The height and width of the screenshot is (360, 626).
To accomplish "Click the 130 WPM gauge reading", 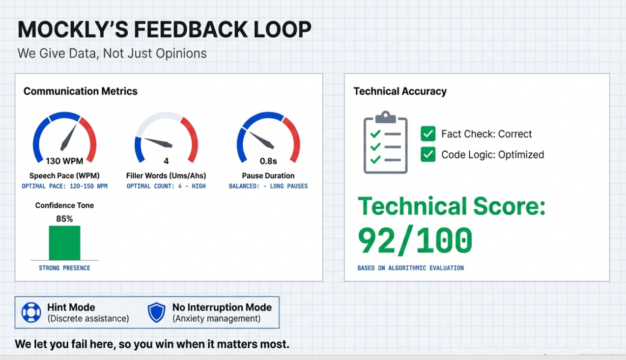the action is [x=64, y=161].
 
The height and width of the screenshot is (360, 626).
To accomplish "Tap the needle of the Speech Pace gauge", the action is [x=68, y=137].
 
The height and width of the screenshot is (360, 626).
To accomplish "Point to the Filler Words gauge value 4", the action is [x=166, y=161].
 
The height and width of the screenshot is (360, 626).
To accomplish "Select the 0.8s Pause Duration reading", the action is [x=268, y=161].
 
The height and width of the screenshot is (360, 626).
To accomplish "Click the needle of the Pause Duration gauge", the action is [x=261, y=139].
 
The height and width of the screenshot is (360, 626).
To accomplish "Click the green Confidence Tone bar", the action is [x=64, y=243].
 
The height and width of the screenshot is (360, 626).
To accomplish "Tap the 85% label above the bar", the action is [x=64, y=219].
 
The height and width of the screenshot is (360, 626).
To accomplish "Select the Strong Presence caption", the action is [x=64, y=268].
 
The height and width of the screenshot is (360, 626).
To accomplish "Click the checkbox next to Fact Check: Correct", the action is [x=428, y=134].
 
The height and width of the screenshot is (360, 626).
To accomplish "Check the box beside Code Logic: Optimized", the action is [x=428, y=154].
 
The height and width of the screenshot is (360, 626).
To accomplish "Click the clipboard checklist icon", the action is [x=385, y=142].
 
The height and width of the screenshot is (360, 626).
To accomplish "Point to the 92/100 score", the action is [x=415, y=241].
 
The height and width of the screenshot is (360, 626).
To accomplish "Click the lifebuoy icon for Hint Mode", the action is [x=31, y=312].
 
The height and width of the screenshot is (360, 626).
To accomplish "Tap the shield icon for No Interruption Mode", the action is [x=156, y=312].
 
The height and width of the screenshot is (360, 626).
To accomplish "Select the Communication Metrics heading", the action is [x=81, y=91].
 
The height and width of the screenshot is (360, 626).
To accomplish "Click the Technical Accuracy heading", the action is [x=400, y=91].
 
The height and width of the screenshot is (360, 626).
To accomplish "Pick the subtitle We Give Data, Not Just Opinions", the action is [x=112, y=54].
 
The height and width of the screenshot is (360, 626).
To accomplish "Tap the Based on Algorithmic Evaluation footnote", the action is [x=410, y=268].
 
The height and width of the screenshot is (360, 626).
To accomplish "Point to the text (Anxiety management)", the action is [x=216, y=319].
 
